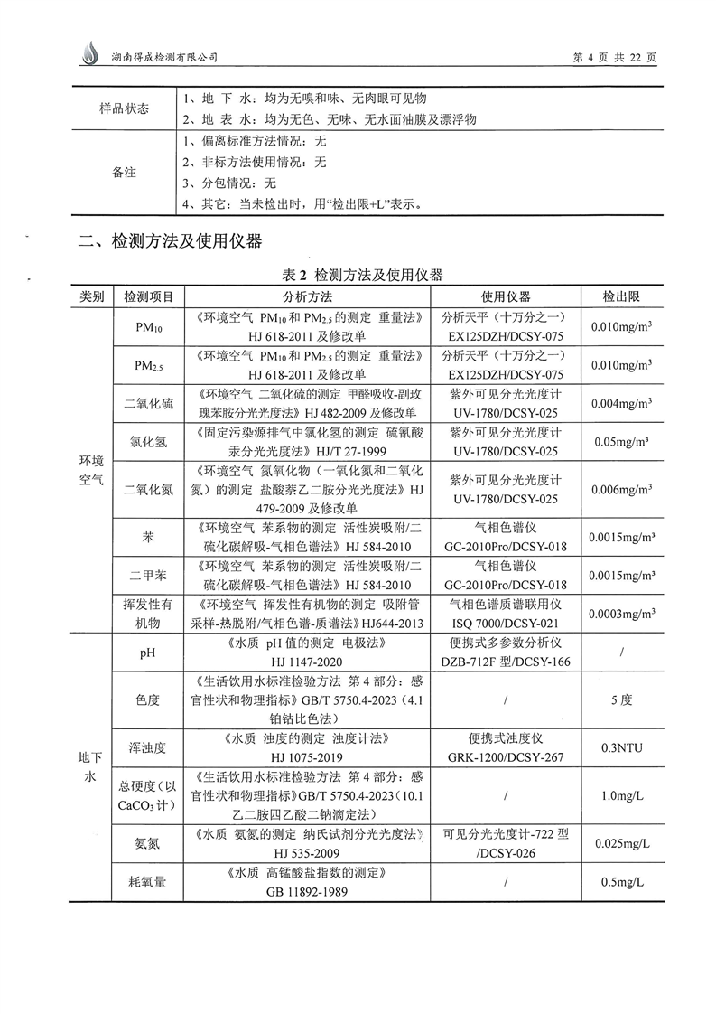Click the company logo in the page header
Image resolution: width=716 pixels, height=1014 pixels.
point(88,54)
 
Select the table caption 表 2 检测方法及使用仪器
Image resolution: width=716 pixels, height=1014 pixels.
point(358,275)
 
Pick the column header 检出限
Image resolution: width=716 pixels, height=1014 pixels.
point(621,296)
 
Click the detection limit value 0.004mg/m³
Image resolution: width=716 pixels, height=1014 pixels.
point(621,402)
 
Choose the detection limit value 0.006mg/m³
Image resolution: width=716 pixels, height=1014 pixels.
point(621,490)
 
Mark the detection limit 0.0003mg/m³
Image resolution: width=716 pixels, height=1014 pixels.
point(621,615)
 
